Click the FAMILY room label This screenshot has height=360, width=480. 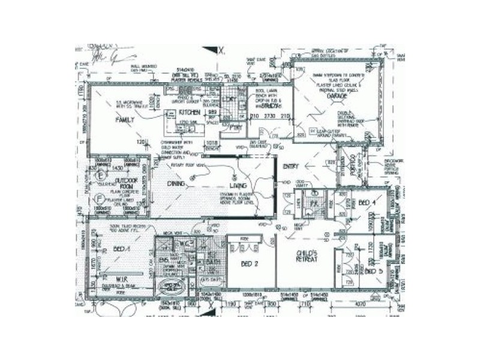click(125, 119)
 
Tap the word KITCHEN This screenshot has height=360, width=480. click(188, 112)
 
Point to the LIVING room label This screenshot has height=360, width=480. click(226, 185)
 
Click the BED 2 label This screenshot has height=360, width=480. click(248, 263)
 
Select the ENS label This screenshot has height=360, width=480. click(162, 260)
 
